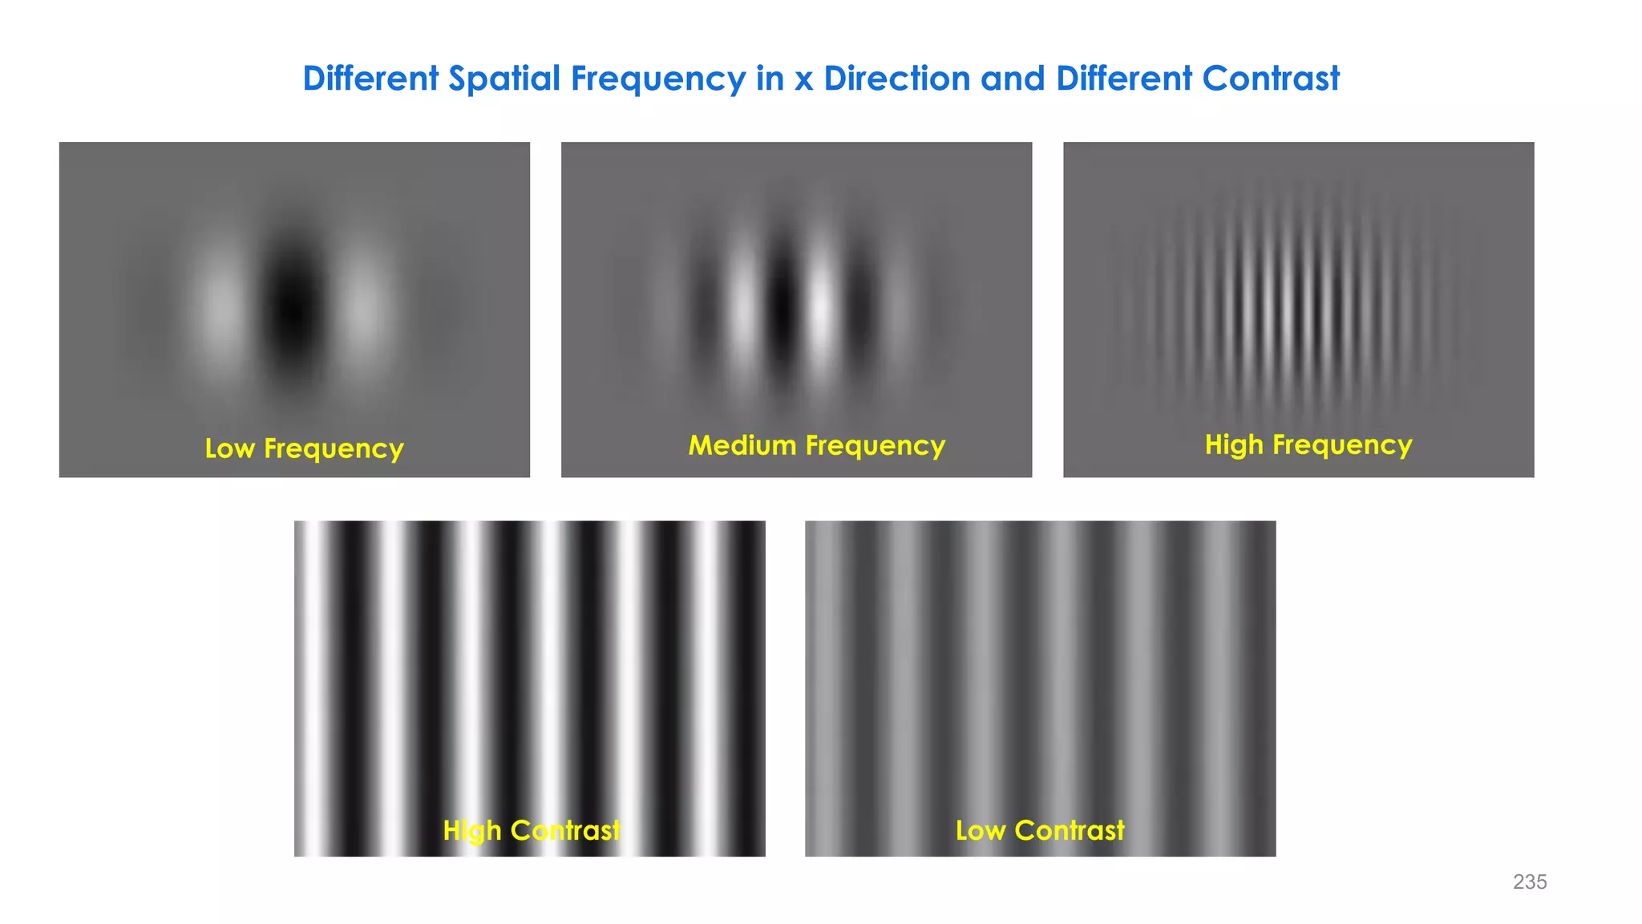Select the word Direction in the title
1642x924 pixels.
coord(896,79)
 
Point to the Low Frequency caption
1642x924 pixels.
coord(304,448)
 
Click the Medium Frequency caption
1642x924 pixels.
coord(816,445)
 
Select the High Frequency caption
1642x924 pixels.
coord(1308,444)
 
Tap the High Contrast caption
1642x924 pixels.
coord(532,830)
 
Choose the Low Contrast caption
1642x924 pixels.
coord(1040,830)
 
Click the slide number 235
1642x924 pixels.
coord(1530,882)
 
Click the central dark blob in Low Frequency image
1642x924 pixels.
coord(293,309)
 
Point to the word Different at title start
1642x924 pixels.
coord(370,79)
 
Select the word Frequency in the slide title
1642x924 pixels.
coord(657,79)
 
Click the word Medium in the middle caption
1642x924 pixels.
coord(742,445)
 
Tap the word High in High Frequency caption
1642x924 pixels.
coord(1233,444)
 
